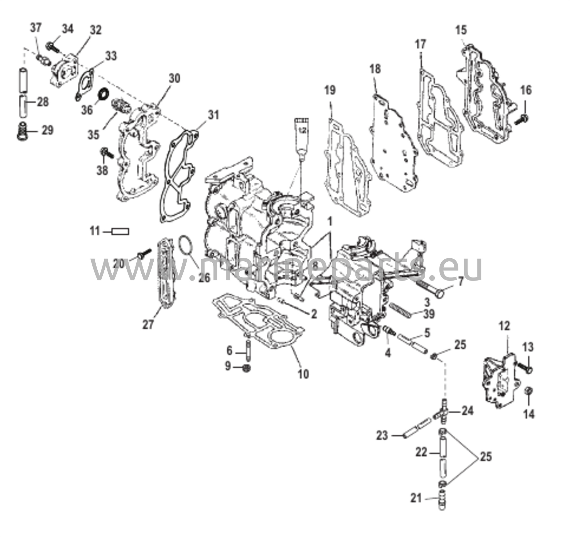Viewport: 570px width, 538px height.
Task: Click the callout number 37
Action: [x=36, y=28]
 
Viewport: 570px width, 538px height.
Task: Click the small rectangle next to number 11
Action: [x=120, y=231]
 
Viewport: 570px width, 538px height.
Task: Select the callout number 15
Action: [x=461, y=30]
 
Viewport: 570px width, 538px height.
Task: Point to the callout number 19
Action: [x=330, y=90]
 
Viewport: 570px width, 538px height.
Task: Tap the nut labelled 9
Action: [x=247, y=368]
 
